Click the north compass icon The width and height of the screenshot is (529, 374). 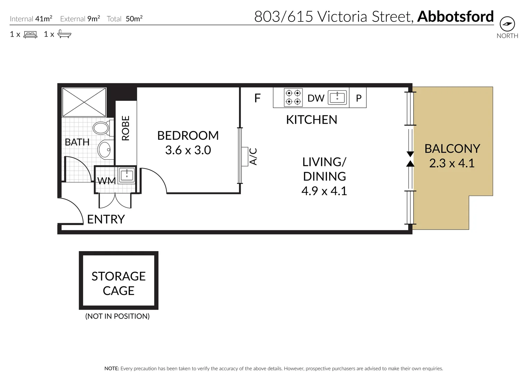pyautogui.click(x=507, y=24)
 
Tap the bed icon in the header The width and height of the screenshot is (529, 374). pyautogui.click(x=30, y=34)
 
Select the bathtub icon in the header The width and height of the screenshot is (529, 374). pyautogui.click(x=64, y=34)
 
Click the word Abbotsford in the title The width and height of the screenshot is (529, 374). pyautogui.click(x=455, y=16)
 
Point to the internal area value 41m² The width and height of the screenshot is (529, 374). pyautogui.click(x=44, y=19)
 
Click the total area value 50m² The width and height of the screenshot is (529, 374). pyautogui.click(x=134, y=19)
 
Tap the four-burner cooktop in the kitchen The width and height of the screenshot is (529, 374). pyautogui.click(x=293, y=97)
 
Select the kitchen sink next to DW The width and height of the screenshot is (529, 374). pyautogui.click(x=337, y=97)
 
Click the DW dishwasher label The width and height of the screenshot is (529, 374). pyautogui.click(x=316, y=98)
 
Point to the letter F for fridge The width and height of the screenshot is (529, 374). pyautogui.click(x=257, y=98)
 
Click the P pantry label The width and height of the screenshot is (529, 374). pyautogui.click(x=359, y=98)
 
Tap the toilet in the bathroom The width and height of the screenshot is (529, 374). pyautogui.click(x=101, y=128)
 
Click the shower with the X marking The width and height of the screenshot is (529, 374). pyautogui.click(x=84, y=102)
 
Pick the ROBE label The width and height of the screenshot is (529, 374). pyautogui.click(x=125, y=128)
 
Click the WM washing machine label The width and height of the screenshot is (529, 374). pyautogui.click(x=106, y=181)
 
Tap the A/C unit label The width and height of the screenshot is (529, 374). pyautogui.click(x=254, y=157)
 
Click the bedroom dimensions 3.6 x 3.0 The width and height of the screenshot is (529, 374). pyautogui.click(x=188, y=150)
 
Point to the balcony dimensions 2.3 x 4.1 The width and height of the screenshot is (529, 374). pyautogui.click(x=452, y=163)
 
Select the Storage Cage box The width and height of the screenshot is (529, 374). pyautogui.click(x=118, y=280)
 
